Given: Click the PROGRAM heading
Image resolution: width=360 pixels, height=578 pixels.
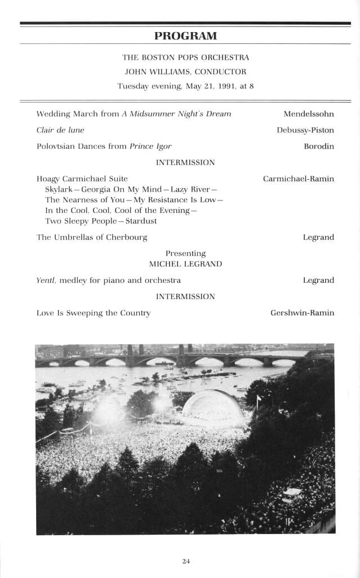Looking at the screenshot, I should tap(185, 36).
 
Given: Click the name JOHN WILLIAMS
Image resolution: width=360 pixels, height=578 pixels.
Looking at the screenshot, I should tap(159, 72).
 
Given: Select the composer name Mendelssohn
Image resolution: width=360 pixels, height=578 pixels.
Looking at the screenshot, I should tap(308, 114).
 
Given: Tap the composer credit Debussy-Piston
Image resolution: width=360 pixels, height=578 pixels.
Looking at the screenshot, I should tap(305, 130).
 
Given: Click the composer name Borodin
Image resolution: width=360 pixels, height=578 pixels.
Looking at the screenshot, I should tap(318, 146).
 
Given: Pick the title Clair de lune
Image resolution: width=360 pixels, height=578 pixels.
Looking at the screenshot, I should tap(60, 130).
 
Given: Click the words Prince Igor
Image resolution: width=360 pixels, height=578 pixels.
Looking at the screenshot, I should tap(150, 146).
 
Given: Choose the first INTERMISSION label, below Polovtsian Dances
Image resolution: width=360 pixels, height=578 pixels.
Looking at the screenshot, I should tap(185, 162).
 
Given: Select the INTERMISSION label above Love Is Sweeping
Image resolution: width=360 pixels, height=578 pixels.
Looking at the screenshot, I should tap(185, 296).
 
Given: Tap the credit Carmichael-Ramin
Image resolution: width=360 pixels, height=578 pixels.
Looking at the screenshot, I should tap(298, 179).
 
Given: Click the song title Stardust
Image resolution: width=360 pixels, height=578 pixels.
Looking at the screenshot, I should tap(141, 221).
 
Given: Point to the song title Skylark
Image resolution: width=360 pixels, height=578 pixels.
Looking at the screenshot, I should tap(60, 189).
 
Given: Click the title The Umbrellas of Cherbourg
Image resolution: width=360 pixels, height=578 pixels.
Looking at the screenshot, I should tap(92, 237).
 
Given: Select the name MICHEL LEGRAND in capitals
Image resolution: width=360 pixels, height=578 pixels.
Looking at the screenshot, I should tap(185, 264).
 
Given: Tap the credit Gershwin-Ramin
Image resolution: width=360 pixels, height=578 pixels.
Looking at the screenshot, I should tap(302, 313).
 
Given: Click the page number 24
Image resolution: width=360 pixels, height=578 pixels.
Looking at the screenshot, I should tap(186, 561).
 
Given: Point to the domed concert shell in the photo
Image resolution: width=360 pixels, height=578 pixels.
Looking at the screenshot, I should tap(213, 407).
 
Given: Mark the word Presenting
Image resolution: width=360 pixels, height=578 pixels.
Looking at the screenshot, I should tap(185, 254).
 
